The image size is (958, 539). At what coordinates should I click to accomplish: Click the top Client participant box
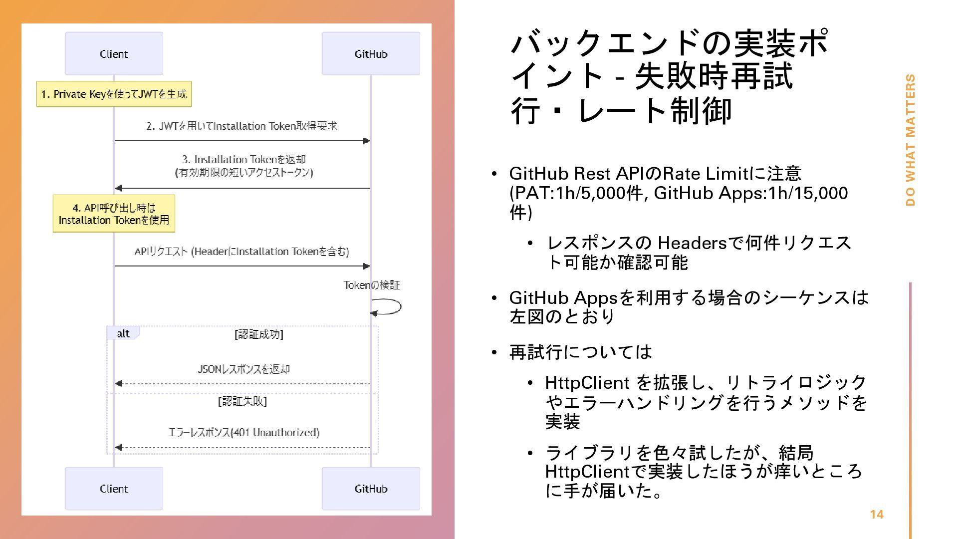[114, 53]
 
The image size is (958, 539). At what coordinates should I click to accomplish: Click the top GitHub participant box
[371, 53]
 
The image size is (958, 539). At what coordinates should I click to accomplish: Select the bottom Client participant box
[114, 489]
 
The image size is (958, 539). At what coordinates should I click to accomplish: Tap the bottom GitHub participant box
[371, 489]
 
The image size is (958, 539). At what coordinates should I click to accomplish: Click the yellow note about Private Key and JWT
[114, 94]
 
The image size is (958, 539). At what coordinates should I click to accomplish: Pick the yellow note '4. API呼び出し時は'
[114, 214]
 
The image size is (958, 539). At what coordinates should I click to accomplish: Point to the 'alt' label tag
[123, 333]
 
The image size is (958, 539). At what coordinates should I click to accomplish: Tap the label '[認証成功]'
[258, 334]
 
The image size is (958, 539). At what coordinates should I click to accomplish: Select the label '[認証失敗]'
[242, 401]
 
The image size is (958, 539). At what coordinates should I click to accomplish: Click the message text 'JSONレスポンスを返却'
[243, 369]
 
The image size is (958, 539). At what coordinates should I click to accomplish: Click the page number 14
[876, 515]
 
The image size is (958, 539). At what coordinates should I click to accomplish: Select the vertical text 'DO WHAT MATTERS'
[911, 140]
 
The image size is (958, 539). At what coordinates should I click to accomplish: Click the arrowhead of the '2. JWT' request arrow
[367, 141]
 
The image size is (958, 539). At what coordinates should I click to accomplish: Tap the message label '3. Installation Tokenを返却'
[243, 160]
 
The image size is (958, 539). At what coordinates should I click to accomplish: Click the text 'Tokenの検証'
[372, 285]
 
